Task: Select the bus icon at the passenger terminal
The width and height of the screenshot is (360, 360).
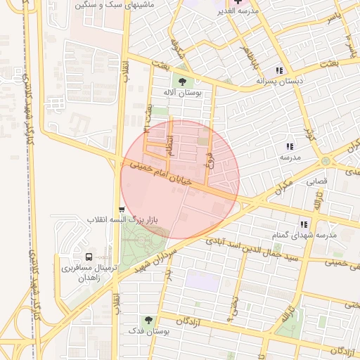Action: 89,257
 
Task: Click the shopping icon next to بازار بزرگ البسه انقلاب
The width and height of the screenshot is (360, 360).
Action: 122,210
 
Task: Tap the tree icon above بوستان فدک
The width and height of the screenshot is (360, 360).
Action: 148,320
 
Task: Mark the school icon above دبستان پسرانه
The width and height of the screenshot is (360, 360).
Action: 280,70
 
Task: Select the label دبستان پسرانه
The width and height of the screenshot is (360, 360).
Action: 279,82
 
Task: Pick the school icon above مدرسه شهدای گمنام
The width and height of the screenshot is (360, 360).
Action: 304,224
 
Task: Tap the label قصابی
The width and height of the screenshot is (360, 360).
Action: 316,181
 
